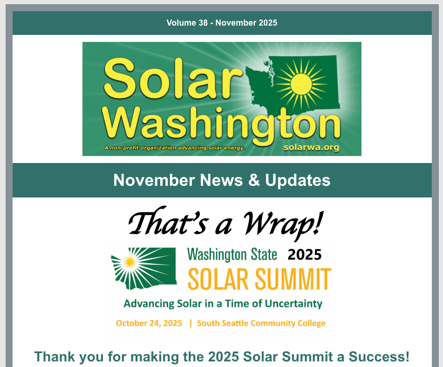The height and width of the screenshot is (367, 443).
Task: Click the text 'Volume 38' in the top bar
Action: coord(187,23)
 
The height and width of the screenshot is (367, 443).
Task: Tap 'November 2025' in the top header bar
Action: coord(246,23)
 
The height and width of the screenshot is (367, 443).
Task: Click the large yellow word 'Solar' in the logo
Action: coord(173,78)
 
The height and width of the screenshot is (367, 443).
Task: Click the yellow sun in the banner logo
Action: coord(301,84)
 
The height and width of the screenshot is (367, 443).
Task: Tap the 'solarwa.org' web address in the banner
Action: coord(311,147)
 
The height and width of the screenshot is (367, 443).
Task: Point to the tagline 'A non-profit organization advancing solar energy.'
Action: coord(175,148)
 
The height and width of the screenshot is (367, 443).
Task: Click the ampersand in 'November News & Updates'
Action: coord(254,180)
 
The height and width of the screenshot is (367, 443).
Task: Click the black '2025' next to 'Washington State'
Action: coord(305,255)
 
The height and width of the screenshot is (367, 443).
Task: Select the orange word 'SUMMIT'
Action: coord(293,279)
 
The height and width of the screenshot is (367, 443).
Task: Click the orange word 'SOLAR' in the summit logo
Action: coord(218,279)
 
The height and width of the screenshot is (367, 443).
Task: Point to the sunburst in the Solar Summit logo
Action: coord(130,263)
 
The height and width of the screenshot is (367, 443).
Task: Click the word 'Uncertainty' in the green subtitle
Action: coord(293,304)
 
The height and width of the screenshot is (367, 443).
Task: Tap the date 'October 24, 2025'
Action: coord(149,323)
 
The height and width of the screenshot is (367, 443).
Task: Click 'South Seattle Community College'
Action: coord(261,323)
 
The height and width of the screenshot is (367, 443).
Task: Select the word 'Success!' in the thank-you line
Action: coord(379,357)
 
